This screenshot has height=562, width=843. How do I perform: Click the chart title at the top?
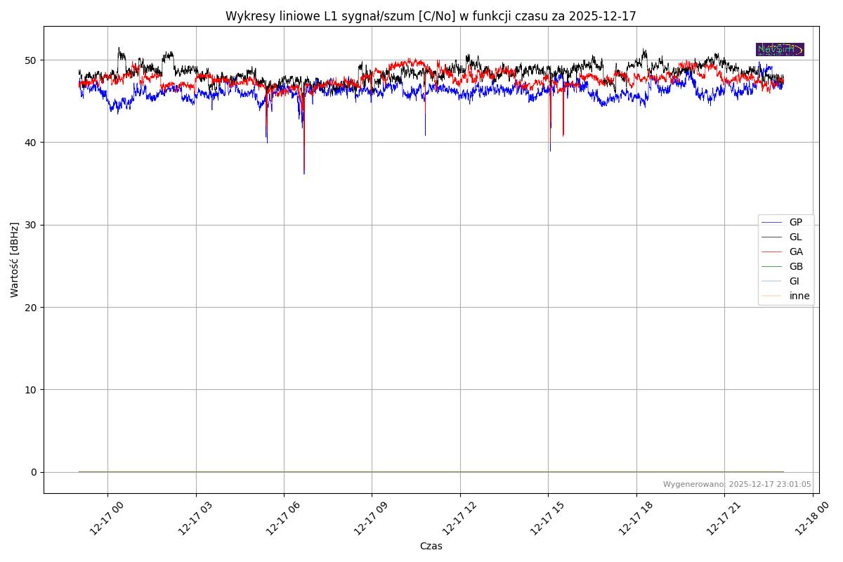click(x=431, y=16)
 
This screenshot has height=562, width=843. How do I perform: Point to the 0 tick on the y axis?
click(x=33, y=472)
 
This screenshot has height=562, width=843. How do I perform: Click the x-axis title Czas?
click(x=431, y=546)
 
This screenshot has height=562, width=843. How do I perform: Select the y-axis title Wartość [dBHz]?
click(x=15, y=259)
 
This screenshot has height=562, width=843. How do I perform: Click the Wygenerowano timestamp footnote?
click(x=737, y=485)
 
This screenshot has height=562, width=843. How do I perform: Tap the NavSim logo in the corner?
click(x=780, y=49)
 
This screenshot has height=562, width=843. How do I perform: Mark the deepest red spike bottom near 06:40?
click(x=304, y=173)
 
